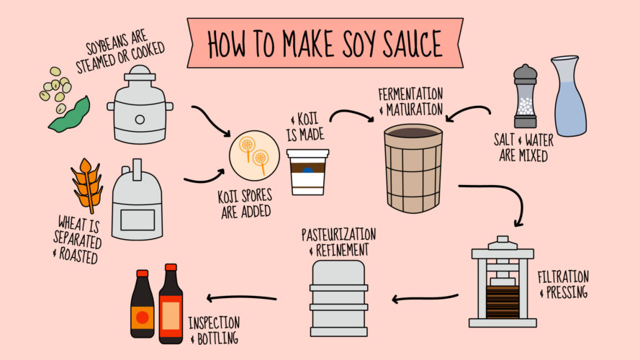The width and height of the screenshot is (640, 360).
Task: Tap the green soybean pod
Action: click(70, 115)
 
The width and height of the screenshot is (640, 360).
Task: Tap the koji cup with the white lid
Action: click(307, 172)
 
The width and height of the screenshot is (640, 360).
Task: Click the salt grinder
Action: click(525, 96)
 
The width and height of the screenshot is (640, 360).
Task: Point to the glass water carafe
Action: click(569, 96)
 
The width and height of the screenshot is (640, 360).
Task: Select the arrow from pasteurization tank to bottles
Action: click(241, 297)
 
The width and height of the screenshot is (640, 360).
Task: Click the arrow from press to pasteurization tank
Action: click(425, 297)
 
